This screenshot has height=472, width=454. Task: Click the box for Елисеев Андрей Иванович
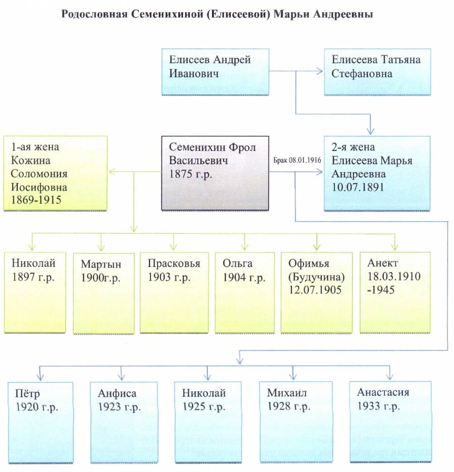(x=215, y=72)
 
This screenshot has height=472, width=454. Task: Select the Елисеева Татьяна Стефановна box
(x=377, y=72)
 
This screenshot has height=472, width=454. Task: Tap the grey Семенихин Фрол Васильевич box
(x=215, y=173)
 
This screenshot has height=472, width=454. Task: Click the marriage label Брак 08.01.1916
(x=297, y=160)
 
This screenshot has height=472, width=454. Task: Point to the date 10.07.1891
(x=358, y=187)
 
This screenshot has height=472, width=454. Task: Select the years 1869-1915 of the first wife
(x=36, y=200)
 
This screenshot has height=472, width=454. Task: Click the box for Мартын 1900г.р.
(x=104, y=293)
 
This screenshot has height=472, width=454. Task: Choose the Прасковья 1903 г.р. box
(x=174, y=292)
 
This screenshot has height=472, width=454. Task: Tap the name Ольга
(x=238, y=263)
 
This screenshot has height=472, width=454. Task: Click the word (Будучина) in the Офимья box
(x=316, y=277)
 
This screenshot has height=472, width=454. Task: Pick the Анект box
(x=395, y=292)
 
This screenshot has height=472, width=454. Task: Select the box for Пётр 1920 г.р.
(x=40, y=423)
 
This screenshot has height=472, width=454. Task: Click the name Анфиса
(x=117, y=393)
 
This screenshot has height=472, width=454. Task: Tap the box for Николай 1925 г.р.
(x=208, y=423)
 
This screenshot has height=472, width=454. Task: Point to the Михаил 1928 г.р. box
(x=296, y=422)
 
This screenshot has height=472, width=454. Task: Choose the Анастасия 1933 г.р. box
(x=390, y=422)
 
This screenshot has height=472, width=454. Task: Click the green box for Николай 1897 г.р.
(x=35, y=292)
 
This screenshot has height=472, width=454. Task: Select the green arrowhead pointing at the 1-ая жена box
(x=112, y=171)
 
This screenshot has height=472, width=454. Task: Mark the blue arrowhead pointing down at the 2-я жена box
(x=370, y=131)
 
